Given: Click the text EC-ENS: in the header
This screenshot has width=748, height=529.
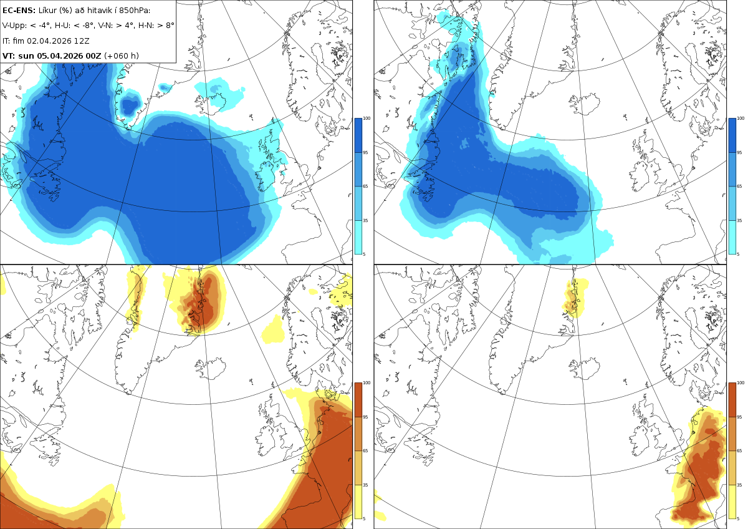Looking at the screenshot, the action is (19, 11).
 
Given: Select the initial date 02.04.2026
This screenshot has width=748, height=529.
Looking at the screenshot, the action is (49, 41).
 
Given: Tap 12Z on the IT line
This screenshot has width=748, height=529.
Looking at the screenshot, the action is (82, 41).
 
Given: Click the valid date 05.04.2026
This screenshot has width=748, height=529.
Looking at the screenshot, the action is (60, 56).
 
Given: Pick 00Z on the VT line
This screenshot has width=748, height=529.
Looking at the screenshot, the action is (93, 56).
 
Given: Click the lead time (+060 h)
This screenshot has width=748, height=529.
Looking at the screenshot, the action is (121, 56).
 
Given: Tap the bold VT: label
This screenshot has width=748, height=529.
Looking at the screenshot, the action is (9, 56).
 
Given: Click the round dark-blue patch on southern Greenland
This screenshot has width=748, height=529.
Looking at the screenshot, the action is (130, 105).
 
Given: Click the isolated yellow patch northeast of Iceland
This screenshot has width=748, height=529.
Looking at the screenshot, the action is (273, 330).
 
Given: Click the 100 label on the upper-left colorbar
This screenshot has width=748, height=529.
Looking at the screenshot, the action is (367, 119).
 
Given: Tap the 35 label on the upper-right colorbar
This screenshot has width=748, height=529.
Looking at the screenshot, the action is (739, 221).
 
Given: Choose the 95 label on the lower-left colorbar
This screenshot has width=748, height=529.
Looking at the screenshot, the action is (365, 417).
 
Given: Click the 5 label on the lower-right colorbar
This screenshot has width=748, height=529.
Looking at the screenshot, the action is (738, 518).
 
